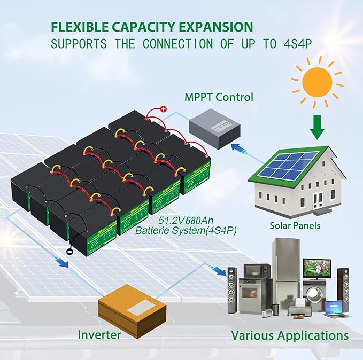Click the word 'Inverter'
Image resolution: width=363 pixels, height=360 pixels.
coord(99,335)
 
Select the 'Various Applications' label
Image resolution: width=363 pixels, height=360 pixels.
coord(290,335)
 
